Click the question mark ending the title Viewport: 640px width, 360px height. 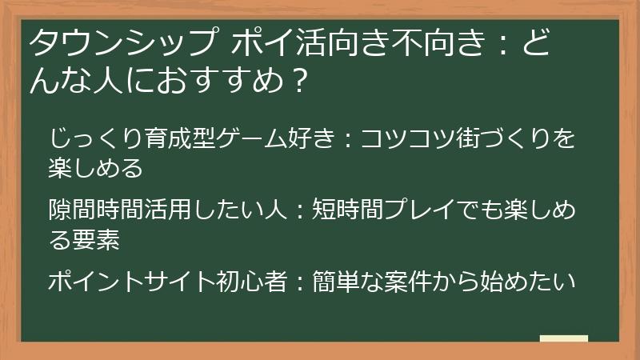(298, 81)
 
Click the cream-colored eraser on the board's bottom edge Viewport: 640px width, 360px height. (563, 339)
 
